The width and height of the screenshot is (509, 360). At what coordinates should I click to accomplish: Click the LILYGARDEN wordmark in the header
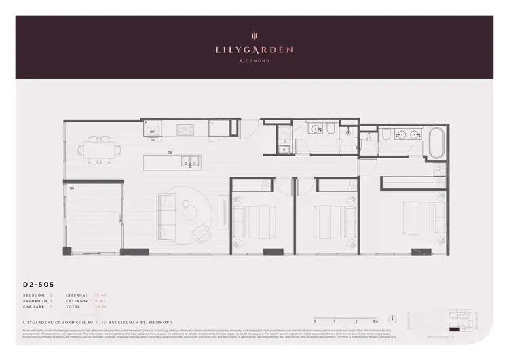click(254, 49)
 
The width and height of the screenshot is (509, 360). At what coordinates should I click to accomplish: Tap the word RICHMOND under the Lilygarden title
click(254, 61)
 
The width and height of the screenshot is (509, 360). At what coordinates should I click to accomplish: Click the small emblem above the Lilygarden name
click(254, 36)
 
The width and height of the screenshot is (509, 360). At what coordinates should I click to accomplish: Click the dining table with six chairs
click(99, 147)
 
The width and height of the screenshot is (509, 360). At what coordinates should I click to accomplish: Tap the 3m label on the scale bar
click(375, 321)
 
